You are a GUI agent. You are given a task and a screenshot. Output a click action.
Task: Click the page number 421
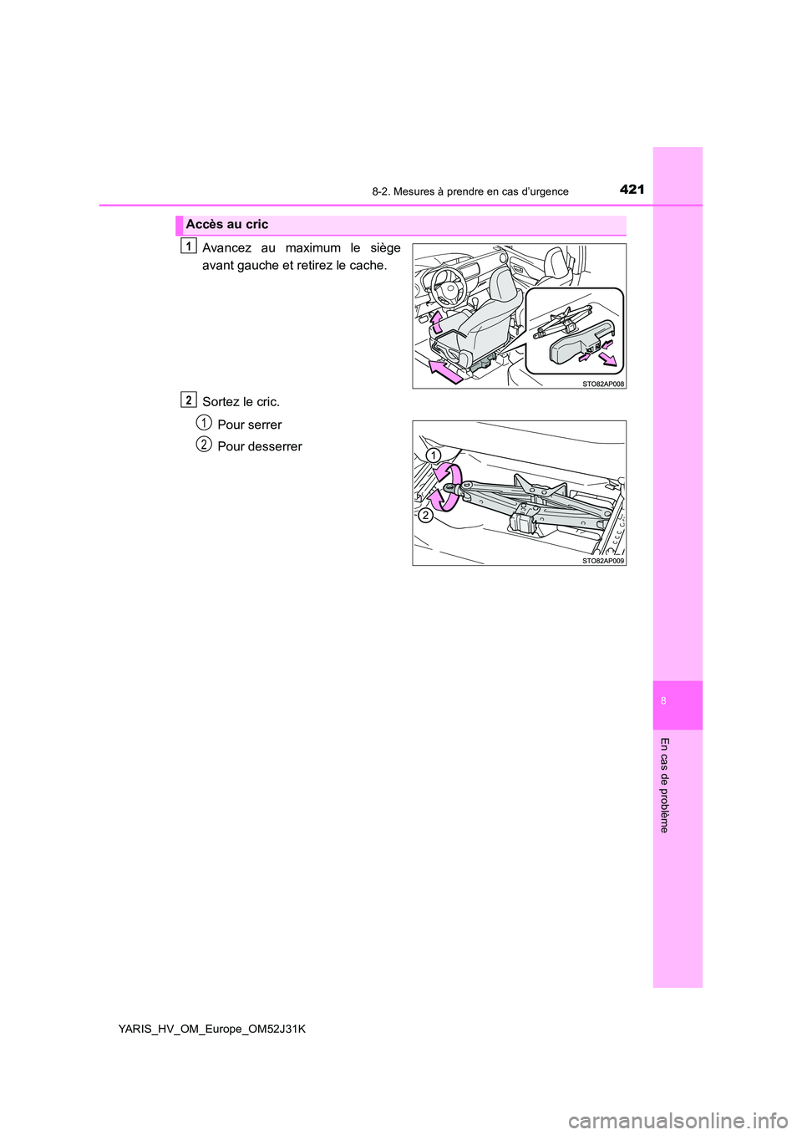pyautogui.click(x=632, y=190)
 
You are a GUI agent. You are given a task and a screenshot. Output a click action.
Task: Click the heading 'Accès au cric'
pyautogui.click(x=227, y=225)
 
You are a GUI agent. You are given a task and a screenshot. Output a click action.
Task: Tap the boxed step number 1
pyautogui.click(x=189, y=246)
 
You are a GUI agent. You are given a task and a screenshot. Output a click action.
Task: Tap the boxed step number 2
pyautogui.click(x=189, y=400)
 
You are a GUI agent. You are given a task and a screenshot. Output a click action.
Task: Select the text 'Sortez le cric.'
pyautogui.click(x=241, y=402)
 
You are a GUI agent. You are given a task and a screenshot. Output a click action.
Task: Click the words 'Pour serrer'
pyautogui.click(x=249, y=425)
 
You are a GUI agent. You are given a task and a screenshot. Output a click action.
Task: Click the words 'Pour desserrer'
pyautogui.click(x=259, y=446)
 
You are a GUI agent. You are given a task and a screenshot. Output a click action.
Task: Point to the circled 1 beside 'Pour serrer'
pyautogui.click(x=204, y=423)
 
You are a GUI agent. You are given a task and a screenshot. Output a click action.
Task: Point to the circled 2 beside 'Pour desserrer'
pyautogui.click(x=204, y=445)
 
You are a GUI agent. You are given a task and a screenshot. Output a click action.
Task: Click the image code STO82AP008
pyautogui.click(x=602, y=384)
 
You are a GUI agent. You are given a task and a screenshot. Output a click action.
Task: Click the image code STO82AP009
pyautogui.click(x=602, y=561)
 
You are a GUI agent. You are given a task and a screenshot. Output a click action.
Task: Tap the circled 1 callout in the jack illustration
pyautogui.click(x=432, y=455)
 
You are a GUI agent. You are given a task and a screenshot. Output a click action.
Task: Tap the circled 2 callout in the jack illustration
pyautogui.click(x=425, y=515)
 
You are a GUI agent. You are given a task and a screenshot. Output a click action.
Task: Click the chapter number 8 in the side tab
pyautogui.click(x=663, y=700)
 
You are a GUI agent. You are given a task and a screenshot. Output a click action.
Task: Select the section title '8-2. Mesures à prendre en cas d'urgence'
pyautogui.click(x=470, y=191)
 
